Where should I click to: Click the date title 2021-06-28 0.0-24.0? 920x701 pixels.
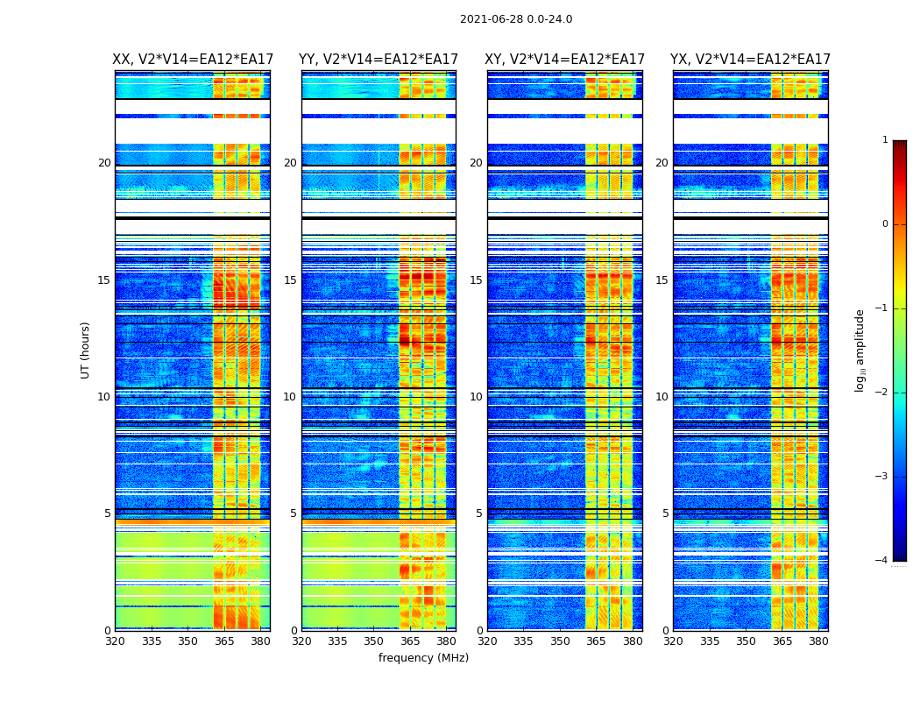[x=516, y=19]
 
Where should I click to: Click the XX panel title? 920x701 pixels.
[x=193, y=60]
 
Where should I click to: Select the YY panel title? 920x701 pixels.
[x=379, y=60]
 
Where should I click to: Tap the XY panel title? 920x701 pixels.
[x=565, y=60]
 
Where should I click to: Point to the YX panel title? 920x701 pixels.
[x=751, y=60]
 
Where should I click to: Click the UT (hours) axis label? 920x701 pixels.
[x=86, y=350]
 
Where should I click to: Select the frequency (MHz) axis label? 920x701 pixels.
[x=423, y=658]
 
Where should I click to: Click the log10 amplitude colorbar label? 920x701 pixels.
[x=860, y=350]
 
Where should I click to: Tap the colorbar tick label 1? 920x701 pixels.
[x=885, y=140]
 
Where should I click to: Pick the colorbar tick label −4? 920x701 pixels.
[x=882, y=561]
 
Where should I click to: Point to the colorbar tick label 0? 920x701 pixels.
[x=885, y=224]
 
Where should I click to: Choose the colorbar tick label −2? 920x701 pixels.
[x=882, y=393]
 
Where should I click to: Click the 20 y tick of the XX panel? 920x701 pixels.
[x=104, y=163]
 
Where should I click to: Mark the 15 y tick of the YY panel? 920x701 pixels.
[x=290, y=280]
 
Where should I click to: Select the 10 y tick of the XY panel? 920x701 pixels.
[x=476, y=397]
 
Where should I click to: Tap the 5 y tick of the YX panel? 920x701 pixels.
[x=665, y=513]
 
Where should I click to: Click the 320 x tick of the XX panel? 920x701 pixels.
[x=116, y=641]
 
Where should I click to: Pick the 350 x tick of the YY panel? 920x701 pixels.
[x=374, y=641]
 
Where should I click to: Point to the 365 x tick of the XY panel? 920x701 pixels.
[x=596, y=641]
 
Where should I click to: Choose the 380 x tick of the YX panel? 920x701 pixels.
[x=818, y=641]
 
